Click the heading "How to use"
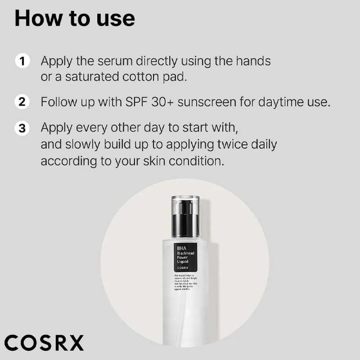pos(75,19)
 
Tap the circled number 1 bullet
pos(22,61)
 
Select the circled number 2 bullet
pos(22,102)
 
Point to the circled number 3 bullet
pos(22,129)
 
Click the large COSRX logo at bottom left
pos(44,342)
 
